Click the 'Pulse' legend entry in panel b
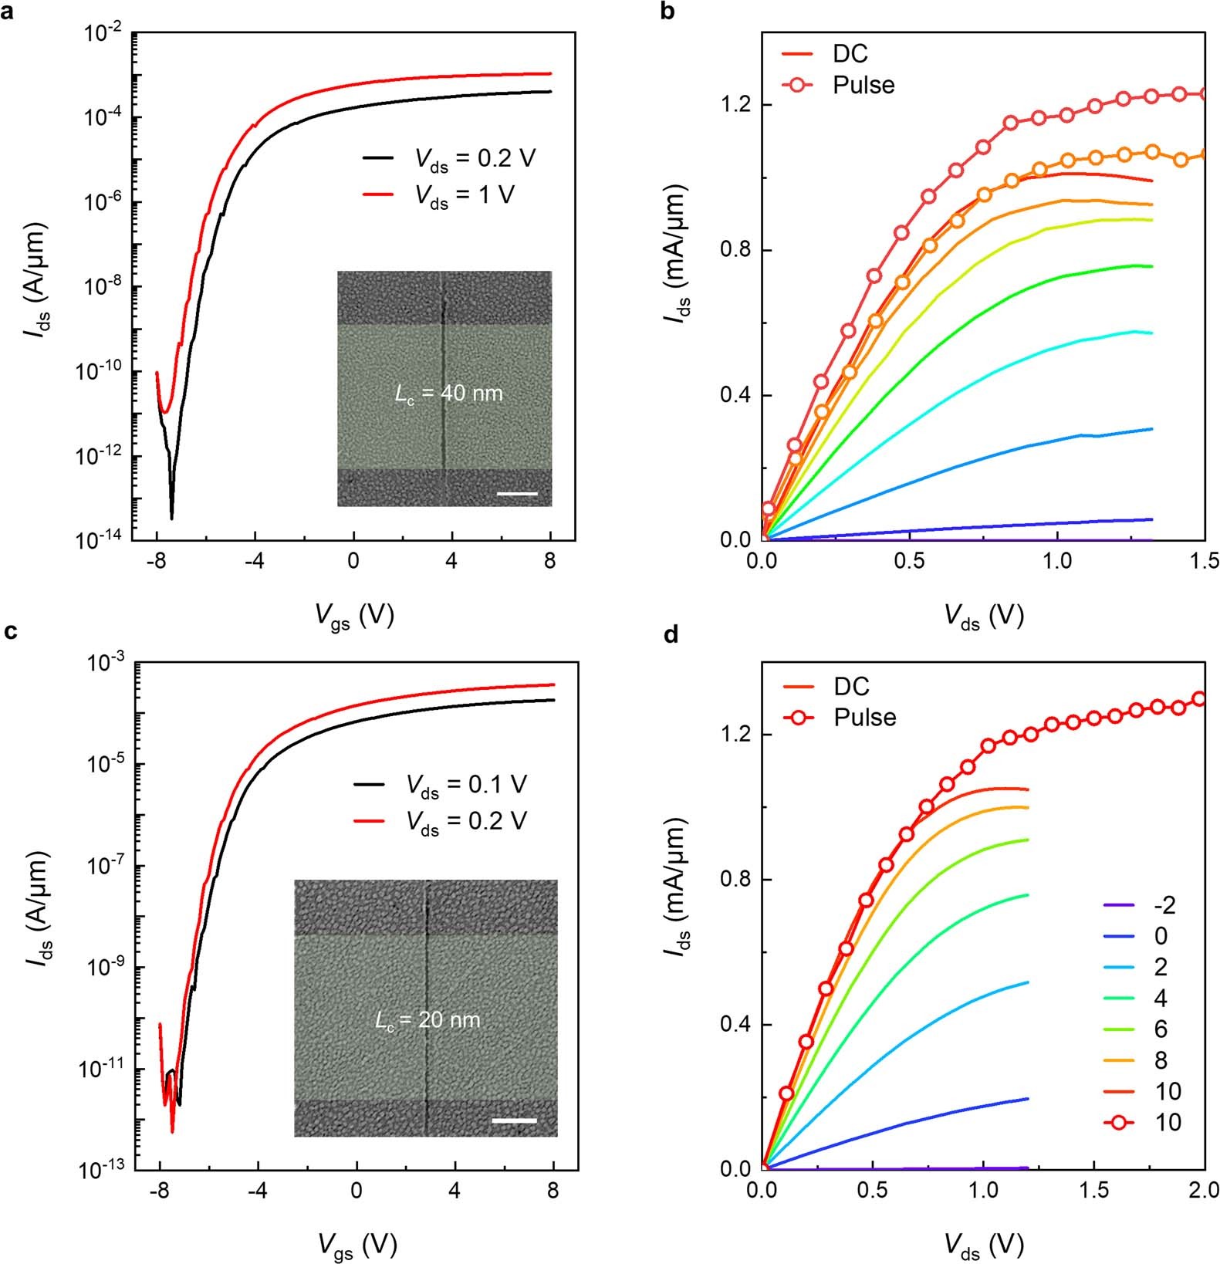pyautogui.click(x=863, y=84)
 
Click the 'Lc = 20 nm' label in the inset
pyautogui.click(x=428, y=1021)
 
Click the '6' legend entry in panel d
pyautogui.click(x=1160, y=1029)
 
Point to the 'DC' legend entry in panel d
pyautogui.click(x=850, y=686)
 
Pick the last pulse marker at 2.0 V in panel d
pyautogui.click(x=1198, y=699)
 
